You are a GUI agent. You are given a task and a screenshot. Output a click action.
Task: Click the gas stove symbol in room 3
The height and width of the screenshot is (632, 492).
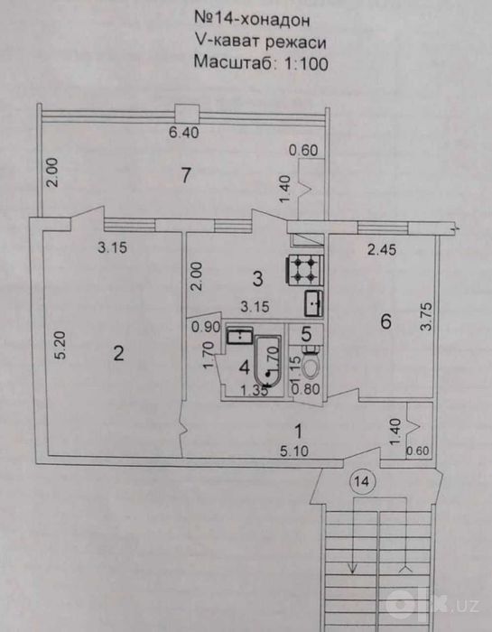click(304, 271)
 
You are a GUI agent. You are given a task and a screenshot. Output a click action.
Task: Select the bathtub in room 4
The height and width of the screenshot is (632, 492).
click(267, 361)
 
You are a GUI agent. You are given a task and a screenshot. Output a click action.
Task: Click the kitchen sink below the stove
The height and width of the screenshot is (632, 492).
click(313, 303)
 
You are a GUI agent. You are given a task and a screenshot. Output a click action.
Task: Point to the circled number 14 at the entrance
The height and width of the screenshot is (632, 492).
click(362, 481)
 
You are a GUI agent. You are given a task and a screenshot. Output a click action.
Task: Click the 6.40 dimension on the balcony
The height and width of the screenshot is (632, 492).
click(184, 132)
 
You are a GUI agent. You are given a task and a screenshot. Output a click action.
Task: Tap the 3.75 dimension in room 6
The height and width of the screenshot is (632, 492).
click(425, 316)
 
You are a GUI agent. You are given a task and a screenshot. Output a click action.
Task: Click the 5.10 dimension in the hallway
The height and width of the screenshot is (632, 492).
click(294, 451)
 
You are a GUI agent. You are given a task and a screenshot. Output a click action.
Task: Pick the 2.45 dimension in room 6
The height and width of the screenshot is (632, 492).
click(382, 249)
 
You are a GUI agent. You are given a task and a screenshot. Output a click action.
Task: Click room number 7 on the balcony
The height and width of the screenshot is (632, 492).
click(185, 175)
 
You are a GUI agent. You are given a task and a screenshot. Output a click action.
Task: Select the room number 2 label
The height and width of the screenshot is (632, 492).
click(118, 354)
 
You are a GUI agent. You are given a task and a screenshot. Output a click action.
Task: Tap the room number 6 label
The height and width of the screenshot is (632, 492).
click(386, 321)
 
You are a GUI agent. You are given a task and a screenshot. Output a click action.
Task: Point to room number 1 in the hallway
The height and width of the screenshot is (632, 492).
click(299, 432)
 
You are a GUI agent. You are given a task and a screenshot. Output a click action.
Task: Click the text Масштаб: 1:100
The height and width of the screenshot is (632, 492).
click(261, 63)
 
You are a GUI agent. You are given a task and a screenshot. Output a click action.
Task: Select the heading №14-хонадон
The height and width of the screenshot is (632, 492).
click(252, 19)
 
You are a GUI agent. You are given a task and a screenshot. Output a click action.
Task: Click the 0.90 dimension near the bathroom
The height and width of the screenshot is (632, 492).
click(206, 327)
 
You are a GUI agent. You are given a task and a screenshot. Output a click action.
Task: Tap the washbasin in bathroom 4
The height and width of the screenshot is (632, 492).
click(240, 336)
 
